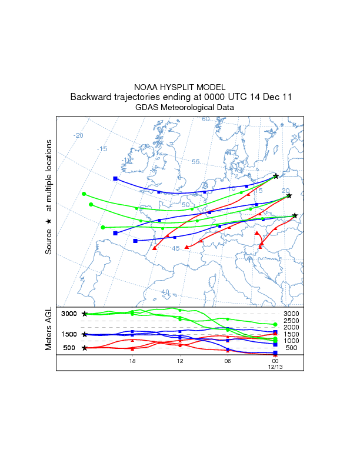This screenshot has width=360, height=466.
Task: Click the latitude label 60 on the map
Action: pos(206,119)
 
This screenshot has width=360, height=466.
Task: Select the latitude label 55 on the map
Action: pos(196,162)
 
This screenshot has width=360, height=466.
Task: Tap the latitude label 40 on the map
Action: pos(165,291)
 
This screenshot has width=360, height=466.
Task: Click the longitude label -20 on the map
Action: pos(78,135)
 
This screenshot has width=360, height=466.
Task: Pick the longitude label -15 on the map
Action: pos(102,149)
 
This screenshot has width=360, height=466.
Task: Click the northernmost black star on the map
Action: pos(276,176)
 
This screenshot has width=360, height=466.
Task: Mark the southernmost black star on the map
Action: pos(295,215)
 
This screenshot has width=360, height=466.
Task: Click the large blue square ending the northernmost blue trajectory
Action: pos(115,178)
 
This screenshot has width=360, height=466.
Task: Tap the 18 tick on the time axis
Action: pos(132,360)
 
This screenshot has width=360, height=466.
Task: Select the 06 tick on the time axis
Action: pos(227,360)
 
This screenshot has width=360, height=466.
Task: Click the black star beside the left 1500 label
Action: pos(85,334)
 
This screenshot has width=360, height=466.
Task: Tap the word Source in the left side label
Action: pos(49,241)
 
